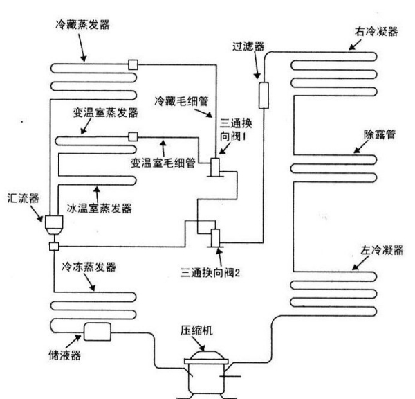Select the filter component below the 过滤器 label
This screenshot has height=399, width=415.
pyautogui.click(x=264, y=95)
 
